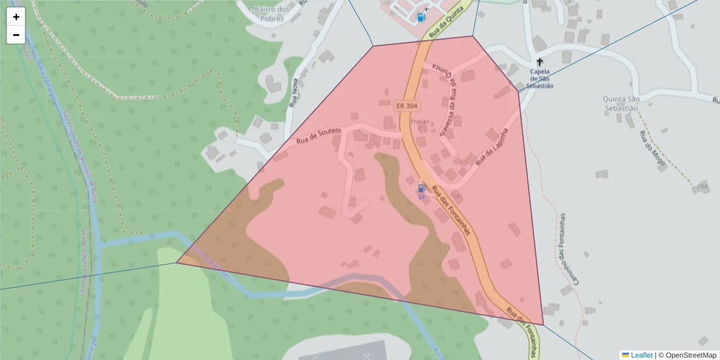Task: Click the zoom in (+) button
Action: [16, 17]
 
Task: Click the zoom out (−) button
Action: [16, 35]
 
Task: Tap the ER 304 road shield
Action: [406, 106]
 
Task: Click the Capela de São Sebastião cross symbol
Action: [539, 62]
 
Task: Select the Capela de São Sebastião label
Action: [539, 79]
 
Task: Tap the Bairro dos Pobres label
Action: [271, 13]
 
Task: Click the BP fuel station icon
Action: [421, 189]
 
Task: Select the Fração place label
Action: [419, 122]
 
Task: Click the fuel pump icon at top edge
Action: [422, 17]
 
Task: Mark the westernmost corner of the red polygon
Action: [177, 262]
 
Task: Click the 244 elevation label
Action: [702, 187]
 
